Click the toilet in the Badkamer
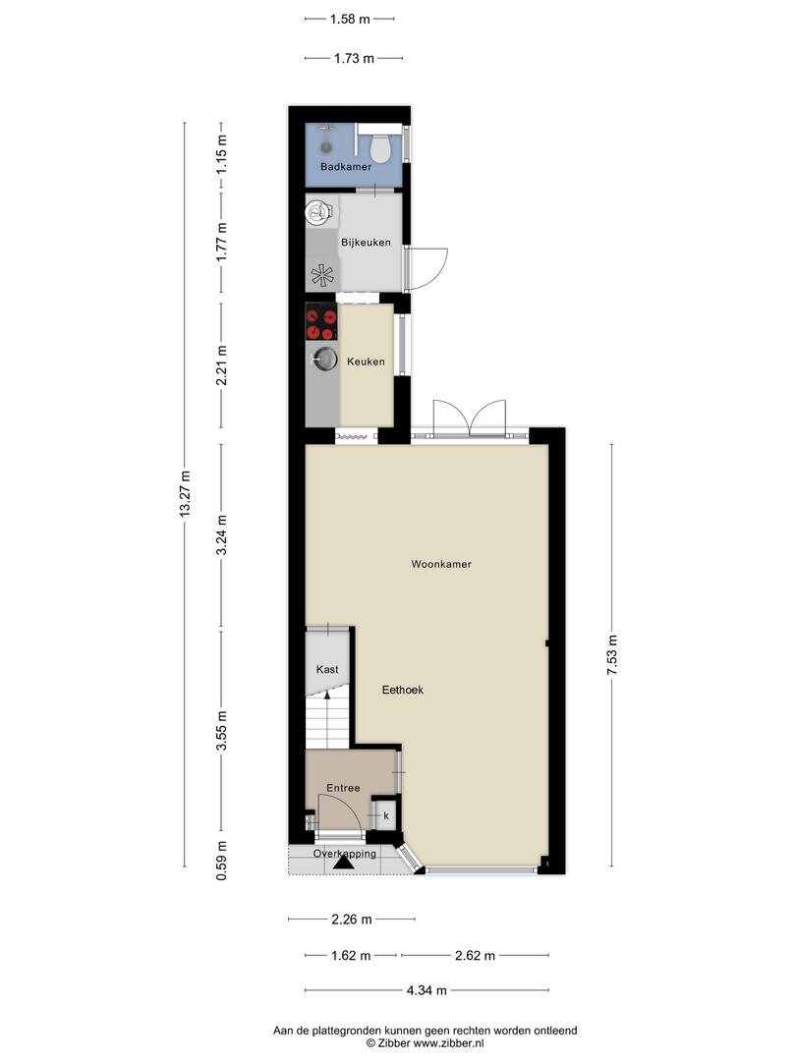379,149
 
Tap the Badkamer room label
346,166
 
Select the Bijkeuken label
366,243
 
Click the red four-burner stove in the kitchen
320,321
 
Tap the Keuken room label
366,362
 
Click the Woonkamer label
441,564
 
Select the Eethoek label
403,690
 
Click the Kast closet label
327,669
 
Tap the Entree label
343,788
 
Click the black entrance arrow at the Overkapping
345,862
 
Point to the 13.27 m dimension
185,494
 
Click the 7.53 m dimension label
612,655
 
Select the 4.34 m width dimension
426,990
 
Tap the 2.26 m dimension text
351,919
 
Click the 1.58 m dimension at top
350,19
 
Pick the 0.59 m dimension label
221,860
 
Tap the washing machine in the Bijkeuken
319,212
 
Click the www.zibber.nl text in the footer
449,1043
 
